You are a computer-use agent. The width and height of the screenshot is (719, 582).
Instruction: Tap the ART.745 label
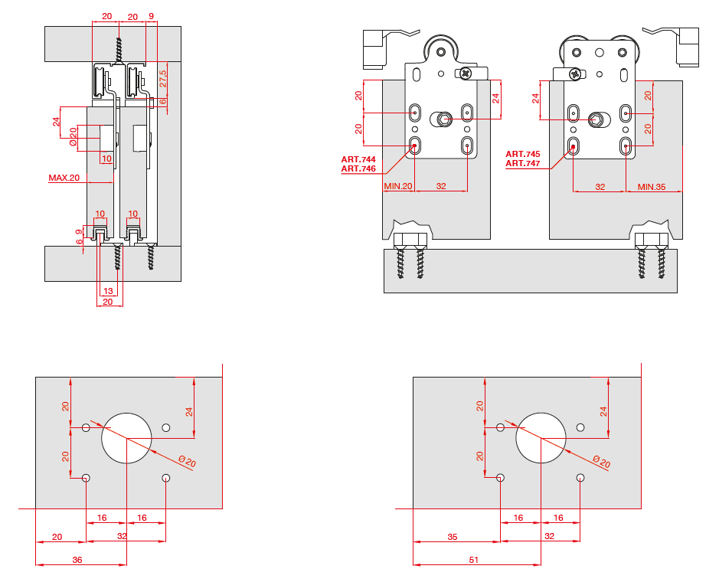point(523,154)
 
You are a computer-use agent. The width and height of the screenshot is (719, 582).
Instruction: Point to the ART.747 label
point(523,163)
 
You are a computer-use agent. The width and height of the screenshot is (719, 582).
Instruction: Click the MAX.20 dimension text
point(64,178)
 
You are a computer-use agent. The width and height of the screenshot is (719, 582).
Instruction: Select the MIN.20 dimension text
point(398,186)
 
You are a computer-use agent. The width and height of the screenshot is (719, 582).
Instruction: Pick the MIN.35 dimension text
point(651,186)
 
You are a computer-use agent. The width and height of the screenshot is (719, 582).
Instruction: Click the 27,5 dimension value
point(163,80)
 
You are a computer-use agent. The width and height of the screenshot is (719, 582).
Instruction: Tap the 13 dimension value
point(108,291)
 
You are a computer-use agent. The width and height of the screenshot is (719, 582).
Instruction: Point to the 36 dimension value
point(77,561)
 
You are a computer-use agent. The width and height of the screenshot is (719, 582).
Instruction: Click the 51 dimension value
point(473,561)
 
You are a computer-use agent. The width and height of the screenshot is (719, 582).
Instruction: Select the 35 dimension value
point(453,538)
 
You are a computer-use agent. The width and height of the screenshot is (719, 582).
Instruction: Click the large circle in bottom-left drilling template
point(127,438)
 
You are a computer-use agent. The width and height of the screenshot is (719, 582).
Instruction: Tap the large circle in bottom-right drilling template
point(541,438)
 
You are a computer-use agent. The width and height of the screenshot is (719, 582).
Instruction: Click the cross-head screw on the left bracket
point(466,74)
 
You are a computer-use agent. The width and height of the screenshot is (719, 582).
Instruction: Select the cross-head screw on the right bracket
point(574,74)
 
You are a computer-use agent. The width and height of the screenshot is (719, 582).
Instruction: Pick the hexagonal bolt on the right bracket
point(597,119)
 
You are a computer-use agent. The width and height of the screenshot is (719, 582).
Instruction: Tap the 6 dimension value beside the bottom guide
point(79,241)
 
